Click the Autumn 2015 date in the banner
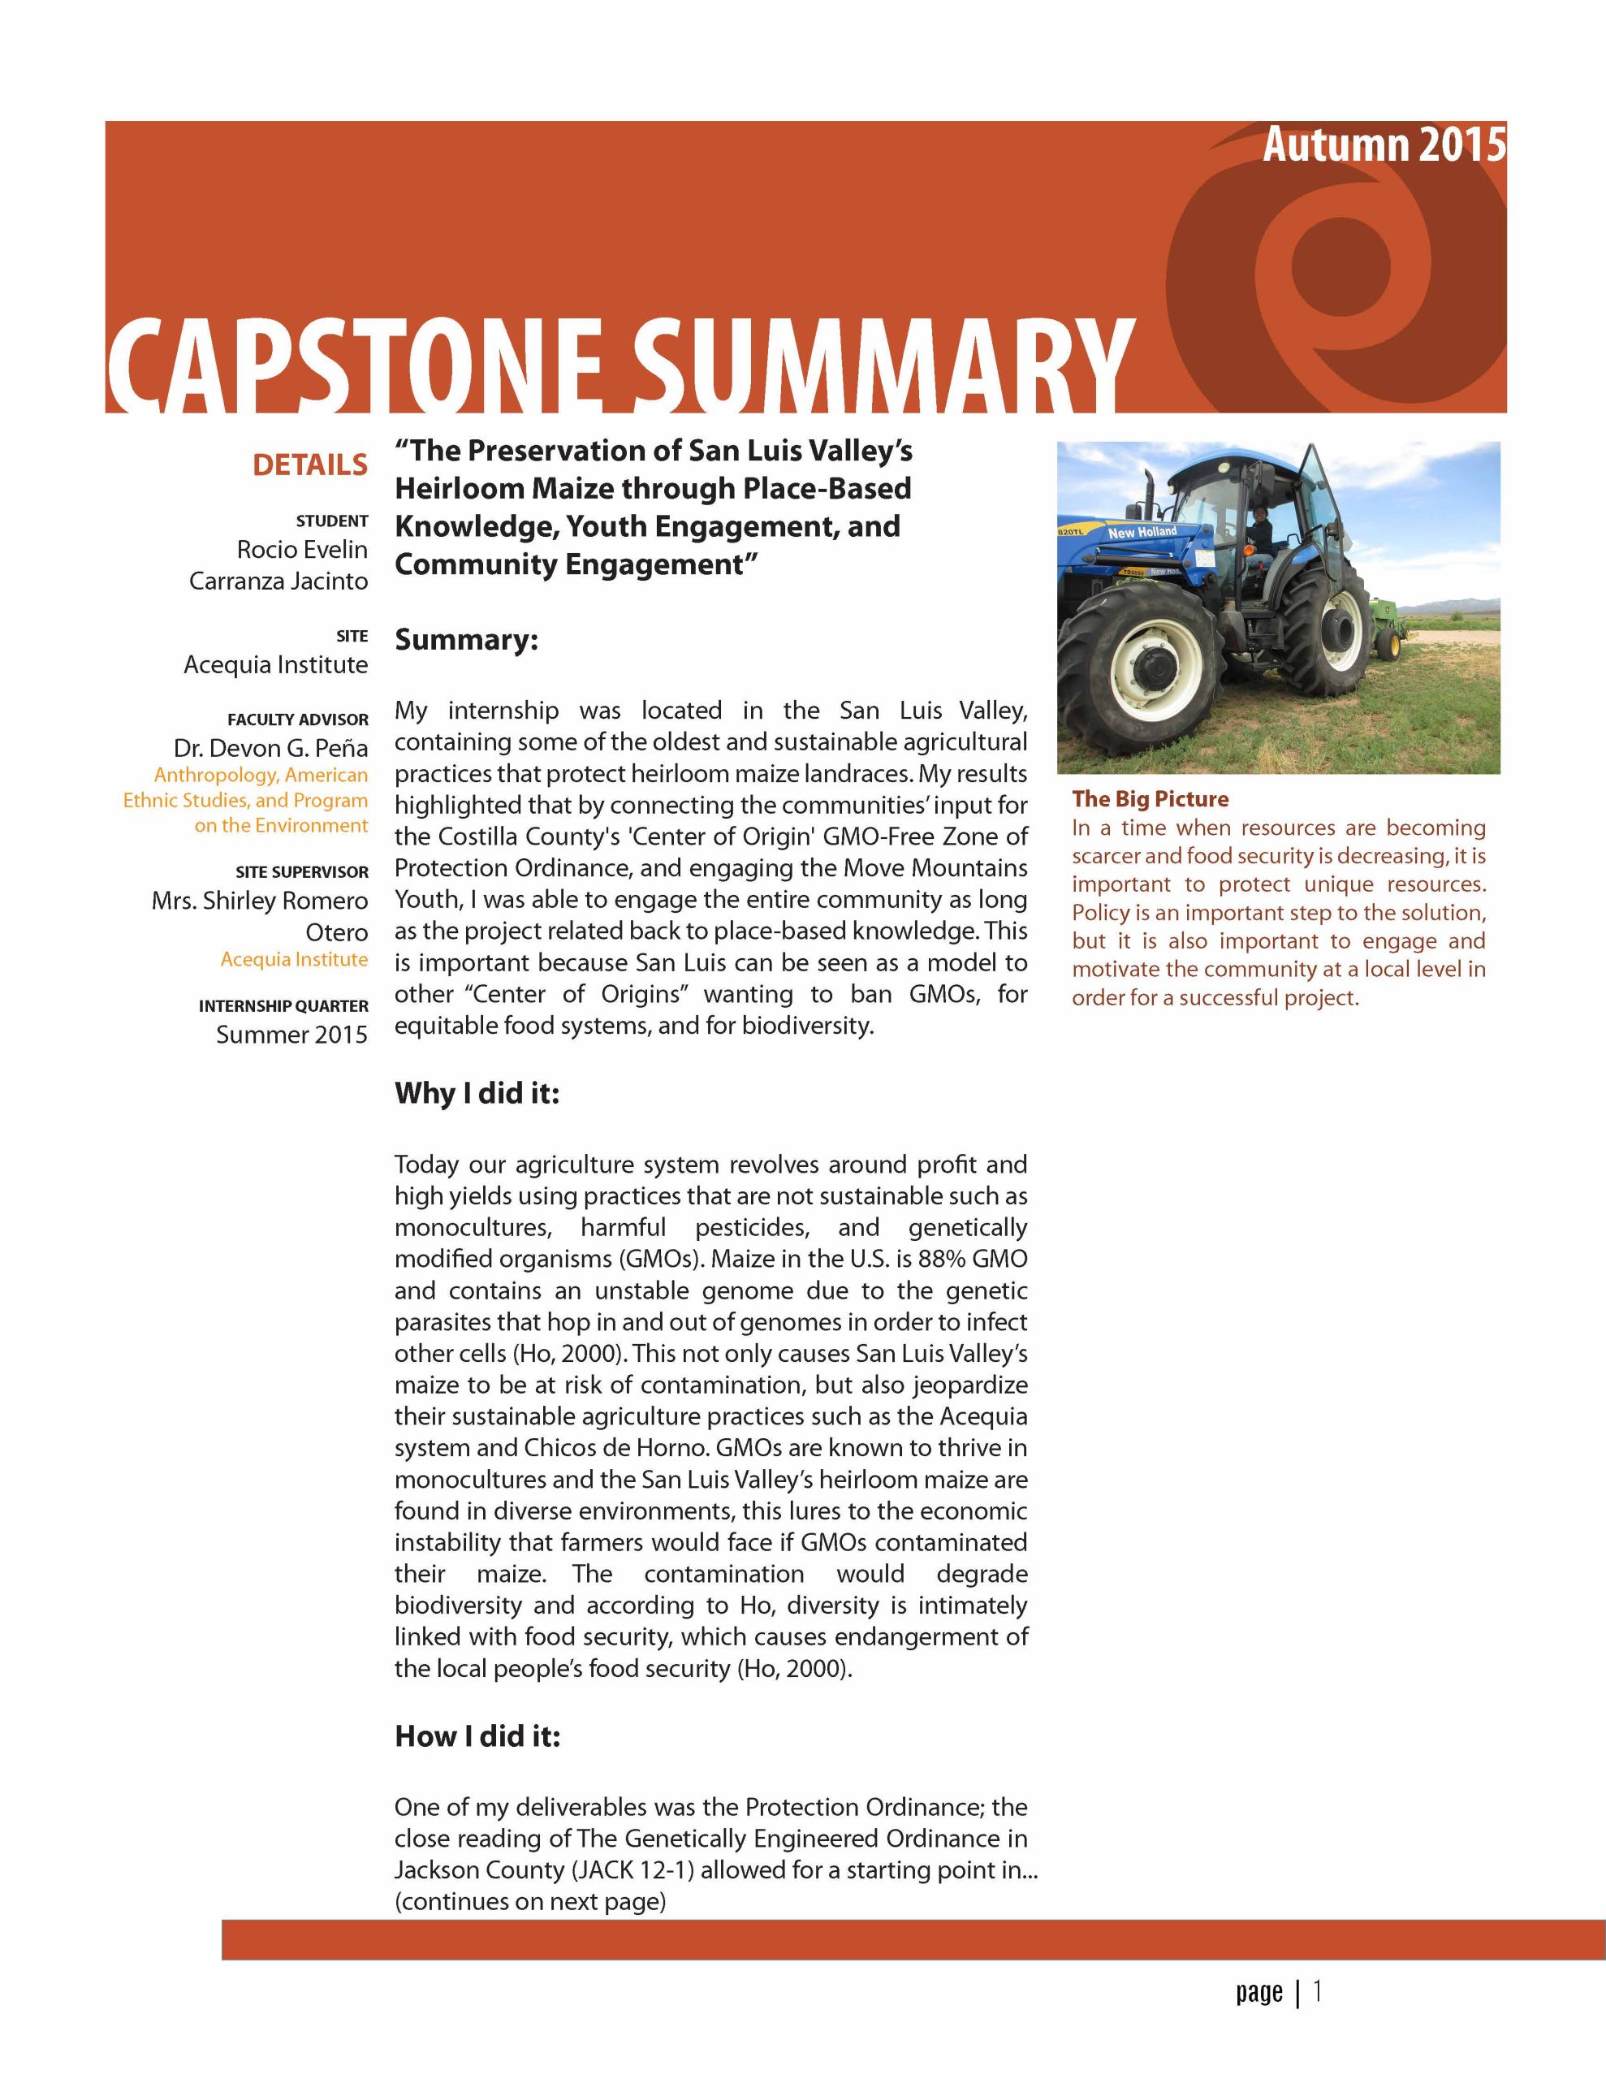pos(1384,145)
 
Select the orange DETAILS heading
pos(309,465)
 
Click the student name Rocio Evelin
pos(302,549)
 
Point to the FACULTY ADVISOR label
pos(297,720)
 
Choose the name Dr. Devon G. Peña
pos(270,748)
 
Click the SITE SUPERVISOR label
pos(302,872)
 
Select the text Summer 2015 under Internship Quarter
pos(291,1035)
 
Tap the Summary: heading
pos(467,640)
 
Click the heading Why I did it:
pos(477,1093)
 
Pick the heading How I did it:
pos(477,1736)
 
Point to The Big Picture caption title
pos(1150,798)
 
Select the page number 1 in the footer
pos(1317,1990)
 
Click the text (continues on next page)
pos(530,1901)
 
